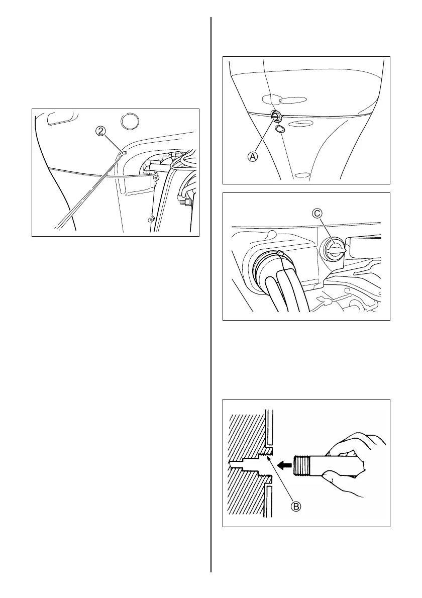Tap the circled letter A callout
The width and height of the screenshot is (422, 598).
click(253, 156)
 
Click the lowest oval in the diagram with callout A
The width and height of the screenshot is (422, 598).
click(302, 175)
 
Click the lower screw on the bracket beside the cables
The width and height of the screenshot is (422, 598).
click(149, 219)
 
